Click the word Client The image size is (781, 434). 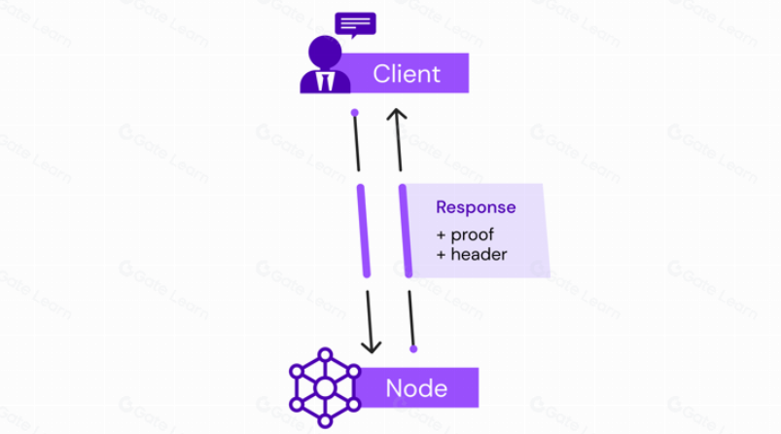pyautogui.click(x=407, y=73)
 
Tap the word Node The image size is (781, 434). pyautogui.click(x=416, y=388)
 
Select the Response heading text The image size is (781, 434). pyautogui.click(x=476, y=207)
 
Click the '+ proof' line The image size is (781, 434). pyautogui.click(x=469, y=235)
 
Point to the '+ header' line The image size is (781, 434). pyautogui.click(x=473, y=255)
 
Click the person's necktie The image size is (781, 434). pyautogui.click(x=323, y=81)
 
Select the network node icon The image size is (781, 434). pyautogui.click(x=324, y=387)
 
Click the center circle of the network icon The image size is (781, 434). pyautogui.click(x=324, y=388)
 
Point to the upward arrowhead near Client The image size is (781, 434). pyautogui.click(x=396, y=115)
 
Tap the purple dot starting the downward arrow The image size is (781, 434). pyautogui.click(x=355, y=112)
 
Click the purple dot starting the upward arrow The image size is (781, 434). pyautogui.click(x=413, y=346)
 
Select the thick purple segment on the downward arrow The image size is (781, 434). pyautogui.click(x=364, y=230)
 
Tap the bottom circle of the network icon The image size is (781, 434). pyautogui.click(x=324, y=420)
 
